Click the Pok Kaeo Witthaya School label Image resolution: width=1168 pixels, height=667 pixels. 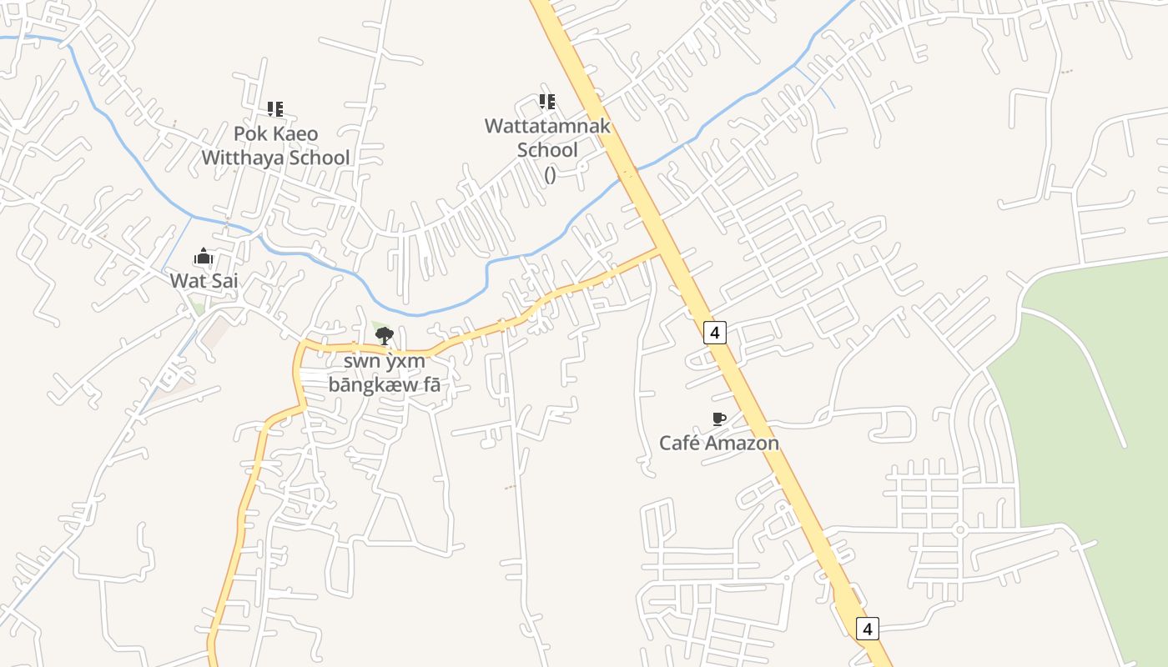275,145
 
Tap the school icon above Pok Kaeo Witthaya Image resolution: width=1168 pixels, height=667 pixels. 275,108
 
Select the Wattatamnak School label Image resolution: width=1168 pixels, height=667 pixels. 547,138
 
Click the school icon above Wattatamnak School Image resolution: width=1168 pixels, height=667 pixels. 547,102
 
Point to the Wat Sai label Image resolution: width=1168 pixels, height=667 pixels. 204,281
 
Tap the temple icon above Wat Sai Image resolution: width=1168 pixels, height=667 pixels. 204,257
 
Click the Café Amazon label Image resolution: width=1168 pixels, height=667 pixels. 719,443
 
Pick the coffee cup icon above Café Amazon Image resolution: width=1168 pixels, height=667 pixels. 719,419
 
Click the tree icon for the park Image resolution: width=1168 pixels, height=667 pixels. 385,336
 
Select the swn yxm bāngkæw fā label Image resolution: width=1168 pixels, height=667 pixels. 384,373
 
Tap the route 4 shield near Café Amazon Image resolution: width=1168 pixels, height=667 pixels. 714,333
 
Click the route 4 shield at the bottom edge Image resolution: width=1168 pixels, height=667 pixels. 868,629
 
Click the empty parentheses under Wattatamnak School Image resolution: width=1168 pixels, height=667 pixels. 550,174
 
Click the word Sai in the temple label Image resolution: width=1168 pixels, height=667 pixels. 223,281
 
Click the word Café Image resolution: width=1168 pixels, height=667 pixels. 679,443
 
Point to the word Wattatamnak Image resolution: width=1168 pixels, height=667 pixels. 547,127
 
